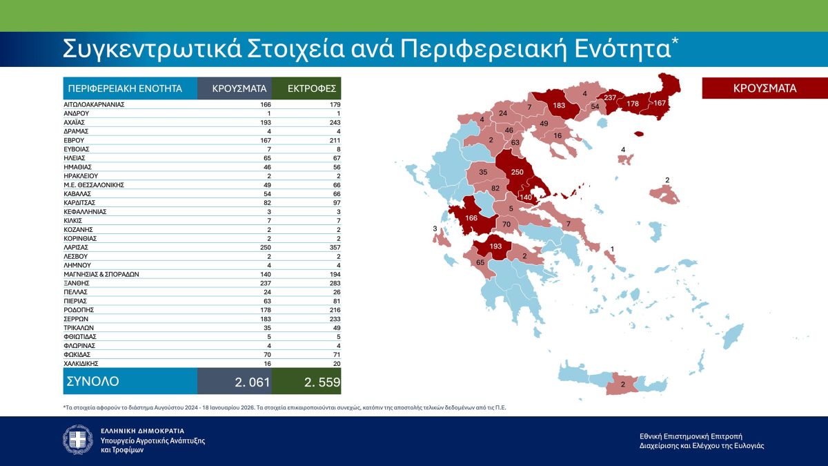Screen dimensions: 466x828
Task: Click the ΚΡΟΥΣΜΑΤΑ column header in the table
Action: pyautogui.click(x=234, y=88)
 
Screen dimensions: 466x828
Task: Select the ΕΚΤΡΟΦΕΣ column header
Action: pyautogui.click(x=306, y=88)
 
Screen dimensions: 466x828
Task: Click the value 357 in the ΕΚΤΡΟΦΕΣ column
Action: pyautogui.click(x=333, y=247)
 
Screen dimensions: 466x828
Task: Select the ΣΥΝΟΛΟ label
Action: pyautogui.click(x=92, y=381)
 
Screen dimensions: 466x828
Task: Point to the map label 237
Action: pyautogui.click(x=610, y=98)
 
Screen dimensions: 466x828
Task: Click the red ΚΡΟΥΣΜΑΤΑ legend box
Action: pyautogui.click(x=765, y=88)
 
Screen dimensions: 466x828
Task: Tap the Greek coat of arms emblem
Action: pyautogui.click(x=77, y=440)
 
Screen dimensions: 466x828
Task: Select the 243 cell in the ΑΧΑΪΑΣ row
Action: pyautogui.click(x=333, y=122)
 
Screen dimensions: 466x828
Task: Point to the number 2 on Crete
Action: pyautogui.click(x=623, y=384)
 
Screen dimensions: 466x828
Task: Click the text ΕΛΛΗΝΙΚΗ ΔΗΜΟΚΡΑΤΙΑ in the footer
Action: pyautogui.click(x=142, y=430)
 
